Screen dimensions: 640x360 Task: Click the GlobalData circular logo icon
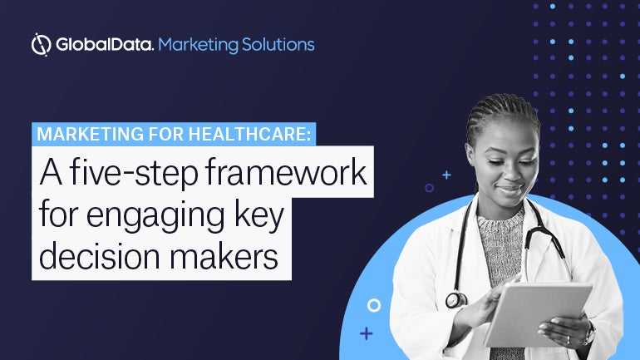(x=42, y=45)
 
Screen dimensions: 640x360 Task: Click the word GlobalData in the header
(x=105, y=45)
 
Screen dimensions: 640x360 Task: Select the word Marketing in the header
(x=198, y=45)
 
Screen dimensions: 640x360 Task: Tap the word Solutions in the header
(x=278, y=45)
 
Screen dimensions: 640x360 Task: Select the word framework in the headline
(x=286, y=172)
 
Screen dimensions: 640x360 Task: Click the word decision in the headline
(x=100, y=255)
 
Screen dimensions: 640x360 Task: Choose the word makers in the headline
(x=224, y=255)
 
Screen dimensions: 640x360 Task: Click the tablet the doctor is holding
(x=538, y=315)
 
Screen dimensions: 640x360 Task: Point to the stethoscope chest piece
(x=456, y=300)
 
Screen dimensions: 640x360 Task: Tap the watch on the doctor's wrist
(x=590, y=332)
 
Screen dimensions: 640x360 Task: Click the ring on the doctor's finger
(x=569, y=339)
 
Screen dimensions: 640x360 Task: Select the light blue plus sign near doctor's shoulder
(x=447, y=175)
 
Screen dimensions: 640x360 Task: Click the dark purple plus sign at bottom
(x=366, y=333)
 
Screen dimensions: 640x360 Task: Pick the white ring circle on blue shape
(x=374, y=305)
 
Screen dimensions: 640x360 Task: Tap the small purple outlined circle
(x=429, y=188)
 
